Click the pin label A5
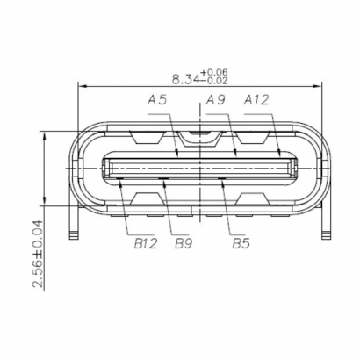click(159, 101)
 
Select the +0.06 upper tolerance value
click(214, 72)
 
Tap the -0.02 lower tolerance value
click(214, 82)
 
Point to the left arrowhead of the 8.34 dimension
click(83, 86)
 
